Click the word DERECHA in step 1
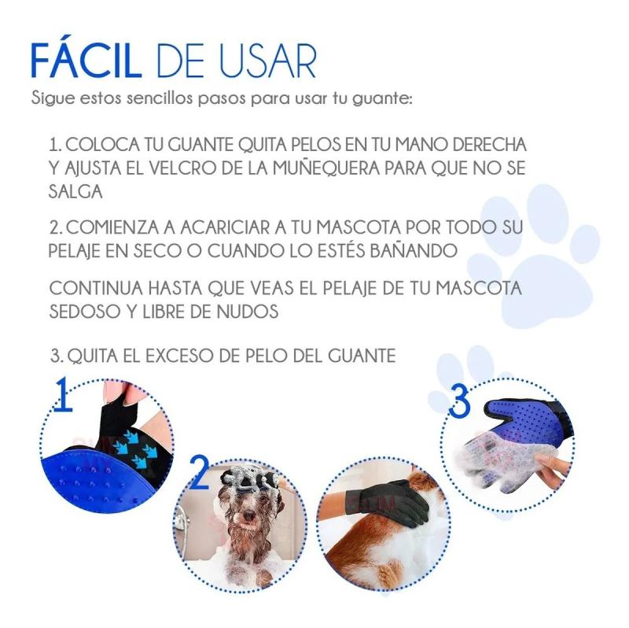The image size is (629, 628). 489,145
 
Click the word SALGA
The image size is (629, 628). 75,191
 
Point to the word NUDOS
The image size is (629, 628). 248,312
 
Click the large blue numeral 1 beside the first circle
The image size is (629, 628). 64,394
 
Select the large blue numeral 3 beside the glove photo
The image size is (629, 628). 460,401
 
